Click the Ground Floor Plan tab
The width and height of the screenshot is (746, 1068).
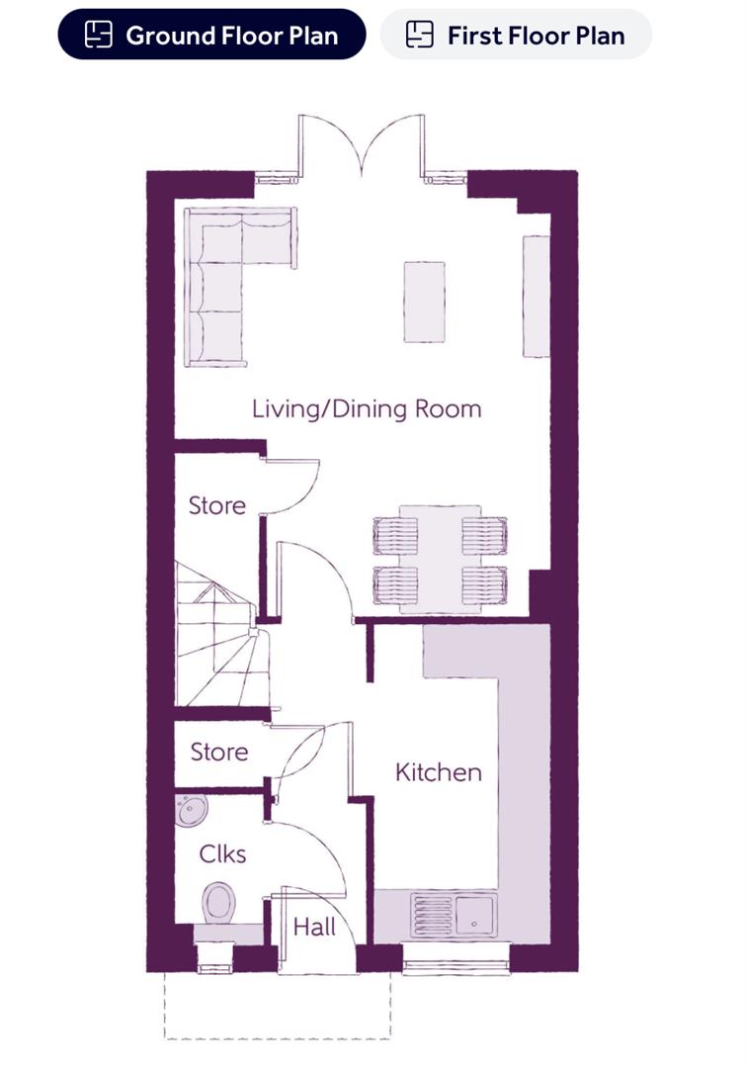[211, 36]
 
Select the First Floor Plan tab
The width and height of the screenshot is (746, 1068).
[516, 36]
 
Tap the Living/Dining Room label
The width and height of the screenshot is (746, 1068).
[367, 408]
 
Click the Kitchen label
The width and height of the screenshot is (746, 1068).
[439, 771]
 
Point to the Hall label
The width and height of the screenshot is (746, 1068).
[314, 928]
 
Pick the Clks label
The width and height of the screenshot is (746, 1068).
[222, 853]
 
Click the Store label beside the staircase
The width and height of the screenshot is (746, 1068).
[217, 505]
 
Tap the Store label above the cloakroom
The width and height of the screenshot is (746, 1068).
[219, 752]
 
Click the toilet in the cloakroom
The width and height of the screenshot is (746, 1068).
[218, 902]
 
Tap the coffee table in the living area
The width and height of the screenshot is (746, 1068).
[424, 302]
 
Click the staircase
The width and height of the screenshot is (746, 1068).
[219, 638]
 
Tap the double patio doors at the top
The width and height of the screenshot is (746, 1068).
[364, 148]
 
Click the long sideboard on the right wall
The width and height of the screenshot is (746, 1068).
[536, 296]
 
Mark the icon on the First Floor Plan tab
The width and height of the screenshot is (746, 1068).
[420, 36]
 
